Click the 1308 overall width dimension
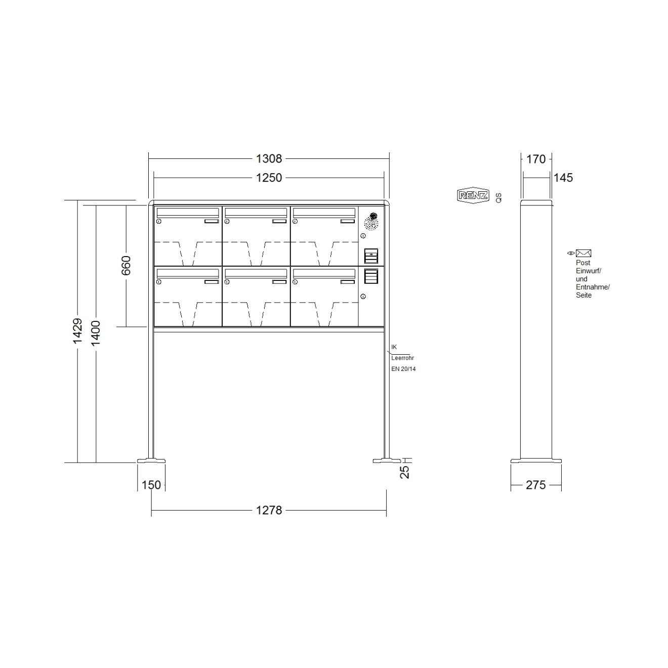pos(269,159)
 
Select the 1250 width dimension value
pos(269,178)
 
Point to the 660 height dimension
pos(126,266)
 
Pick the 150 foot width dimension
pos(151,485)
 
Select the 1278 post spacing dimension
pos(269,510)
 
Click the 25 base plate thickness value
pos(404,472)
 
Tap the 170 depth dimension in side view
pos(536,159)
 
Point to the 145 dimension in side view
pos(563,178)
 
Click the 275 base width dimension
pos(536,485)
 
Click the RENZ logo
pos(473,196)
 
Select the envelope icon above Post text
pos(583,253)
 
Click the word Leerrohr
pos(403,358)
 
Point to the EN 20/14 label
pos(403,369)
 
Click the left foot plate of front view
pos(151,461)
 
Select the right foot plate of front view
pos(387,461)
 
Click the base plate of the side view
pos(536,461)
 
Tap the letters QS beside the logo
pos(499,197)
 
